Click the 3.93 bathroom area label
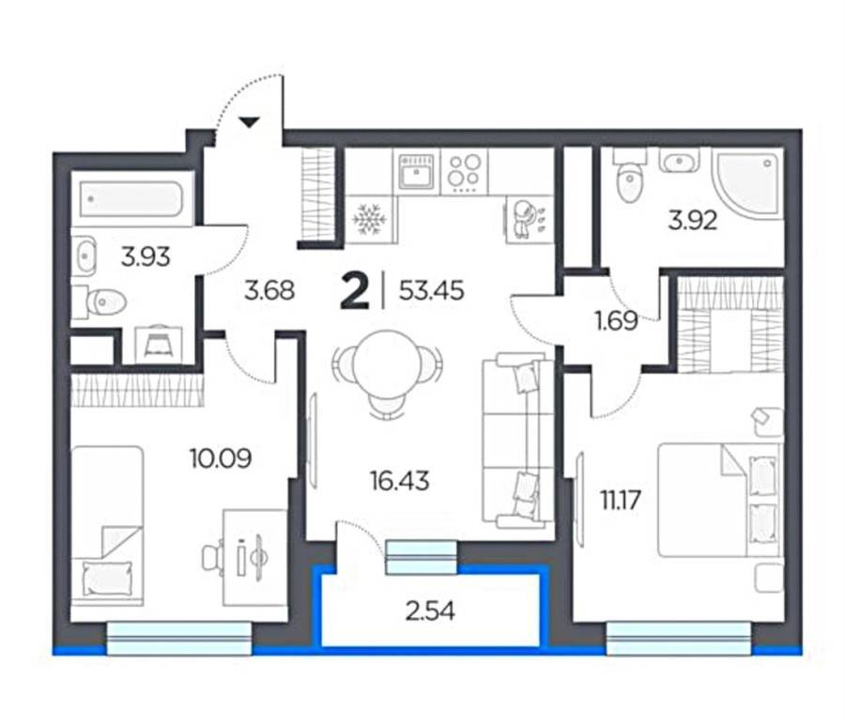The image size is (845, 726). [x=146, y=256]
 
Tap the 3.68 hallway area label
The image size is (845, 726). [x=269, y=291]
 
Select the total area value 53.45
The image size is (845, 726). [x=432, y=291]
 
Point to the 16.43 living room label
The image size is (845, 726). [x=399, y=480]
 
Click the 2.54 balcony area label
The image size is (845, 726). [x=430, y=611]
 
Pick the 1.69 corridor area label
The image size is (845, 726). [x=617, y=320]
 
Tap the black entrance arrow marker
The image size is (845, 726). [x=249, y=122]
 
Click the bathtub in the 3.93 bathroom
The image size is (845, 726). [x=131, y=199]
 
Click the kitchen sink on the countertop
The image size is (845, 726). [x=416, y=171]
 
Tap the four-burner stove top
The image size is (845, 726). [x=465, y=172]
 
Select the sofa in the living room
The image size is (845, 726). [x=517, y=440]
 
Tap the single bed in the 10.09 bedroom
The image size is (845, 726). [x=107, y=523]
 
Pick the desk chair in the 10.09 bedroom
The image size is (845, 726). [x=213, y=557]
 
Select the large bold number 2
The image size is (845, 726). [x=355, y=291]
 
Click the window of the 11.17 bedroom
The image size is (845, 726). [x=679, y=639]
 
